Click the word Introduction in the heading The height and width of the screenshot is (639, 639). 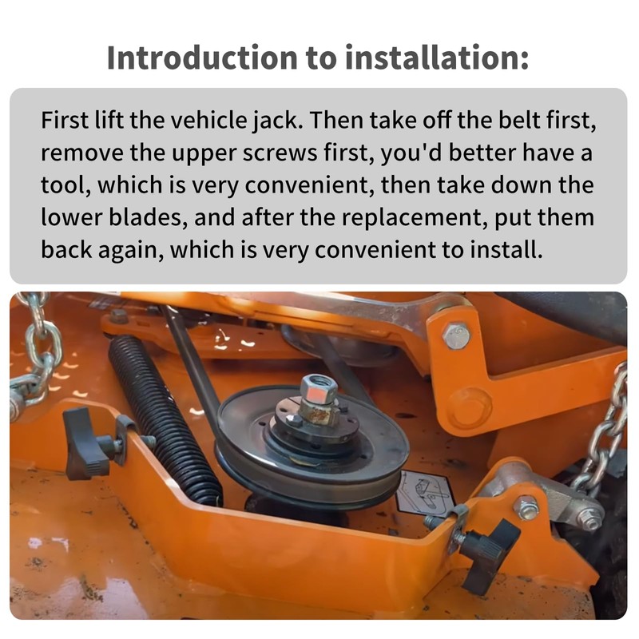(x=202, y=58)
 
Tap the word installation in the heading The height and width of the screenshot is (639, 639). (x=436, y=58)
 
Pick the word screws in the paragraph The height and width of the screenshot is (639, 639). (x=280, y=153)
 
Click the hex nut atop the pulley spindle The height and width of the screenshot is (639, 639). (x=318, y=389)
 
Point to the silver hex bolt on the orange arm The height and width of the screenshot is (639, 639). (x=456, y=335)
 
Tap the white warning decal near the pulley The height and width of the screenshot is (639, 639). (x=425, y=492)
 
